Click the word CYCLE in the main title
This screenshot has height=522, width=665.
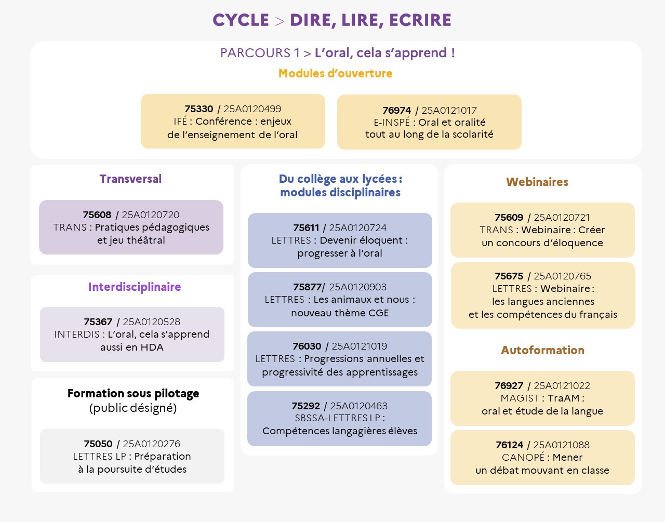(241, 20)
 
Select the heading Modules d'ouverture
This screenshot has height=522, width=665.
(335, 73)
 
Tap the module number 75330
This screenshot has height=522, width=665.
(198, 109)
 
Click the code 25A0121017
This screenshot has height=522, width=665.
(449, 110)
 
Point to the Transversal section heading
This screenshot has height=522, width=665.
(130, 179)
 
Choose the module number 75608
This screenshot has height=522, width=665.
(97, 215)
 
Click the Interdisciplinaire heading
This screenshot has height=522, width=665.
(135, 287)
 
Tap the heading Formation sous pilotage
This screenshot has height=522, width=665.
(133, 393)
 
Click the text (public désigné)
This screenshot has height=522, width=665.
(133, 408)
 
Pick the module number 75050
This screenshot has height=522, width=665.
(98, 444)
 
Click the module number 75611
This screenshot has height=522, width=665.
(305, 227)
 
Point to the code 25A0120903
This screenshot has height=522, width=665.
(357, 287)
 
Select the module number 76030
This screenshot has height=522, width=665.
(307, 346)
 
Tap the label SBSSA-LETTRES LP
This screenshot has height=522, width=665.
(337, 418)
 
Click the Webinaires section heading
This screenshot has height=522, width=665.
(537, 182)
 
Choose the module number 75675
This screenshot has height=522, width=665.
(509, 276)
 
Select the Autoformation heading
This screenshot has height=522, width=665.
(542, 350)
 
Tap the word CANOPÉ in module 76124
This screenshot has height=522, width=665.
(523, 457)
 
